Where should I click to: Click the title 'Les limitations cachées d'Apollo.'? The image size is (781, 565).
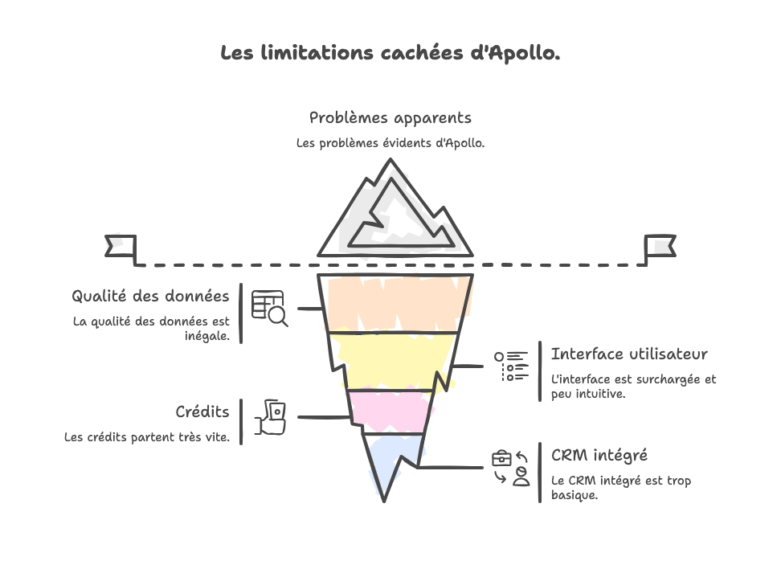[x=390, y=54]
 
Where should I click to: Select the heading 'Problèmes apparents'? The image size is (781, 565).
[x=390, y=118]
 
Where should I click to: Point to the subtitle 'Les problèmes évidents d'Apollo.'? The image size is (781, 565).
[x=390, y=144]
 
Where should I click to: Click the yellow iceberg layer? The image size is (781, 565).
[x=394, y=361]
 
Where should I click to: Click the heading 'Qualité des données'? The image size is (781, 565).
[x=150, y=297]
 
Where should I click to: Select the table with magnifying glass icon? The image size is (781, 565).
[x=269, y=308]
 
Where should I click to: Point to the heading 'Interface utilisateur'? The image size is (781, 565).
[x=629, y=354]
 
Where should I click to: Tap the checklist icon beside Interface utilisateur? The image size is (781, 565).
[x=511, y=366]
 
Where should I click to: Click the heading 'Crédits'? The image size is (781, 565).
[x=202, y=412]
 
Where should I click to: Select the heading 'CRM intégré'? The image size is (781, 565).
[x=599, y=456]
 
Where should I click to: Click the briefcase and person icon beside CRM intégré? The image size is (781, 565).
[x=512, y=468]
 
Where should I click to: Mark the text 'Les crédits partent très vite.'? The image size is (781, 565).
[x=147, y=438]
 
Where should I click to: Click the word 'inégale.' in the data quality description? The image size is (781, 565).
[x=207, y=337]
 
